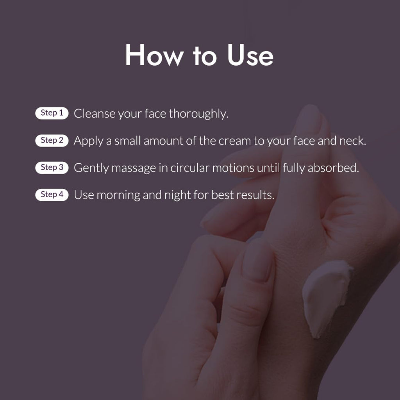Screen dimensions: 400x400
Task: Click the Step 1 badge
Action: (52, 113)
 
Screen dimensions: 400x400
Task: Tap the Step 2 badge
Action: (52, 140)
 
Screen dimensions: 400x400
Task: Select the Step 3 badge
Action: (52, 167)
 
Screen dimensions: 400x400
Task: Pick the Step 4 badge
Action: (52, 195)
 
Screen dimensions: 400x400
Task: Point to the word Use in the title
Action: (250, 55)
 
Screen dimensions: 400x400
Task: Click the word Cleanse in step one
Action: (95, 114)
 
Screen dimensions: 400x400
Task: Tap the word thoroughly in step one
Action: (198, 114)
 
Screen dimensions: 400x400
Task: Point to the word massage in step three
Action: (134, 168)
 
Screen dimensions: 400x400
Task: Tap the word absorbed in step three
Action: (333, 168)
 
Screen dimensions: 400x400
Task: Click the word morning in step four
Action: (118, 195)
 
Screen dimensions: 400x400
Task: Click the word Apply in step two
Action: (88, 141)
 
